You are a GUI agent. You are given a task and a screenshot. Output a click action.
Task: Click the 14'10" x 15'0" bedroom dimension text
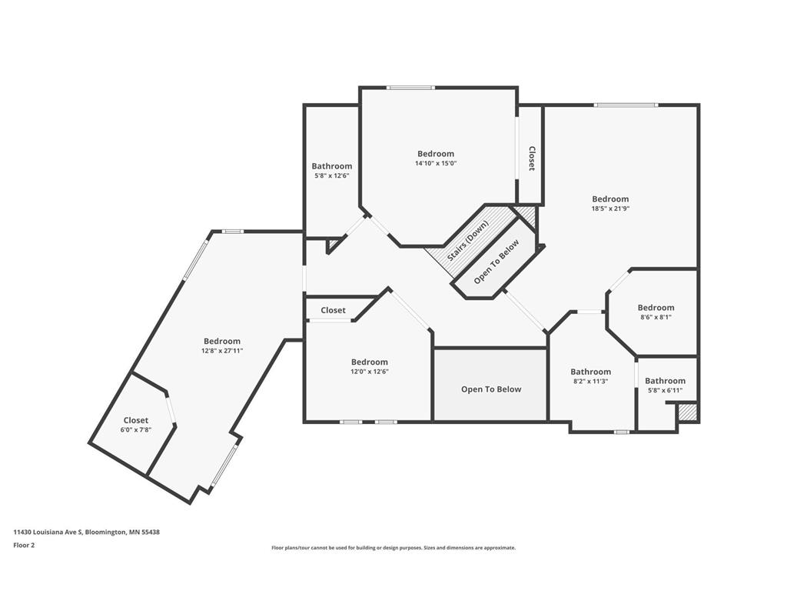tap(436, 163)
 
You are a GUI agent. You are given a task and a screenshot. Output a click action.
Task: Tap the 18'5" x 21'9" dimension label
tap(610, 209)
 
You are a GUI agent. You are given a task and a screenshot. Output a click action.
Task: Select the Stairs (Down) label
tap(467, 241)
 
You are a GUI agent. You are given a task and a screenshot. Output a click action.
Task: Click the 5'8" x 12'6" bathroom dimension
tap(332, 176)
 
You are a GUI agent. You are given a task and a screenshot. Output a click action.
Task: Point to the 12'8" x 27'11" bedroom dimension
tap(222, 351)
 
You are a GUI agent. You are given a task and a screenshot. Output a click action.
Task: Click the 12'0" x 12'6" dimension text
tap(370, 372)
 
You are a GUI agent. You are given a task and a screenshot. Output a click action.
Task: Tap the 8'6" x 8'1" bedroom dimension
tap(656, 317)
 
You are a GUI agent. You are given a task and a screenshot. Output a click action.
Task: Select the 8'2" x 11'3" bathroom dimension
tap(591, 382)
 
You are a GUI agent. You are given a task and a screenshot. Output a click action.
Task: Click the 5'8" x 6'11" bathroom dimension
tap(665, 390)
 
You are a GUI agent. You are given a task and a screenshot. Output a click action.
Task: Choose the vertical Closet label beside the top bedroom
tap(532, 159)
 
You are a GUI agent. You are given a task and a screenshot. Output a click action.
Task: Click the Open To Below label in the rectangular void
tap(491, 389)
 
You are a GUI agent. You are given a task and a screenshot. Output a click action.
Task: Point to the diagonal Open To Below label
tap(497, 262)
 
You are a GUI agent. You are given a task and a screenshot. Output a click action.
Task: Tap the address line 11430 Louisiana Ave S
tap(86, 532)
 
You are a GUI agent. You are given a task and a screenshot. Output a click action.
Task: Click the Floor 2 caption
tap(24, 545)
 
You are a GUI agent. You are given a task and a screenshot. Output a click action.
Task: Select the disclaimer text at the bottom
tap(393, 548)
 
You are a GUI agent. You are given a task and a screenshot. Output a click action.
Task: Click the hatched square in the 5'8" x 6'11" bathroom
tap(686, 412)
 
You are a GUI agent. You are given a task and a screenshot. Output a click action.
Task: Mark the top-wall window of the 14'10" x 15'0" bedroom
tap(410, 88)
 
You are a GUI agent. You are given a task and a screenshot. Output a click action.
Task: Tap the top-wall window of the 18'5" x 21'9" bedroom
tap(626, 105)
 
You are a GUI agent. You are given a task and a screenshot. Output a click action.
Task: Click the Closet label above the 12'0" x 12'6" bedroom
tap(334, 310)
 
